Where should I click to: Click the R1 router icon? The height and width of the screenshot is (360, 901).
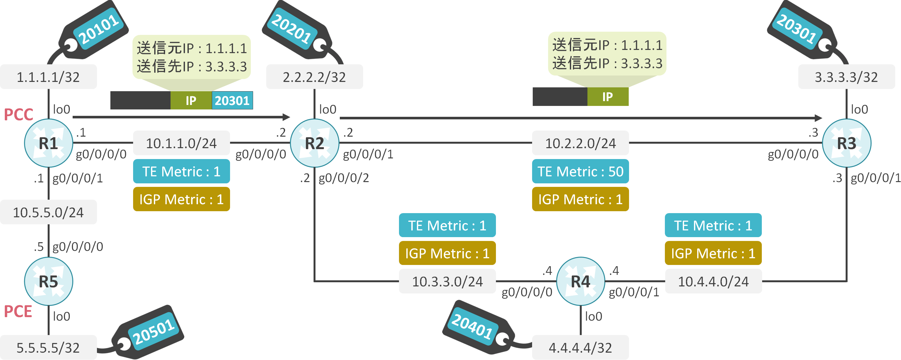click(48, 143)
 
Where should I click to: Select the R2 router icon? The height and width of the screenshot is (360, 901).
click(315, 143)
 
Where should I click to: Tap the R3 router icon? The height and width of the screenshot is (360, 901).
click(846, 143)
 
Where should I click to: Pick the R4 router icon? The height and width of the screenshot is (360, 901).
click(580, 281)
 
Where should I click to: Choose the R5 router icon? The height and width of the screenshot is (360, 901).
click(48, 281)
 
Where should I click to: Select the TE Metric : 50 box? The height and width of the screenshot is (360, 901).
click(580, 172)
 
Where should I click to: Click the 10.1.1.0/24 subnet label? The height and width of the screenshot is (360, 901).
click(181, 143)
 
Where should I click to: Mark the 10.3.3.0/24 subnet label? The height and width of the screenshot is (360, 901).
click(447, 281)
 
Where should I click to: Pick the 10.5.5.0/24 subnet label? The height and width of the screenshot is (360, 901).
click(48, 212)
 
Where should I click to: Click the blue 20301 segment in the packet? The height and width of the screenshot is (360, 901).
click(232, 101)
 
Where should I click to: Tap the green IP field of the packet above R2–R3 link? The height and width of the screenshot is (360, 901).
click(608, 97)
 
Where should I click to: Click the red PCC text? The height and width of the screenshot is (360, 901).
click(18, 115)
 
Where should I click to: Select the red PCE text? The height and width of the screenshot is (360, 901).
click(18, 311)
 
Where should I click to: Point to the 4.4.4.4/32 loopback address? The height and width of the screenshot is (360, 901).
click(580, 348)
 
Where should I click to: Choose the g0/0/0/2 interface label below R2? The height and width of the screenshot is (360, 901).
click(343, 178)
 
